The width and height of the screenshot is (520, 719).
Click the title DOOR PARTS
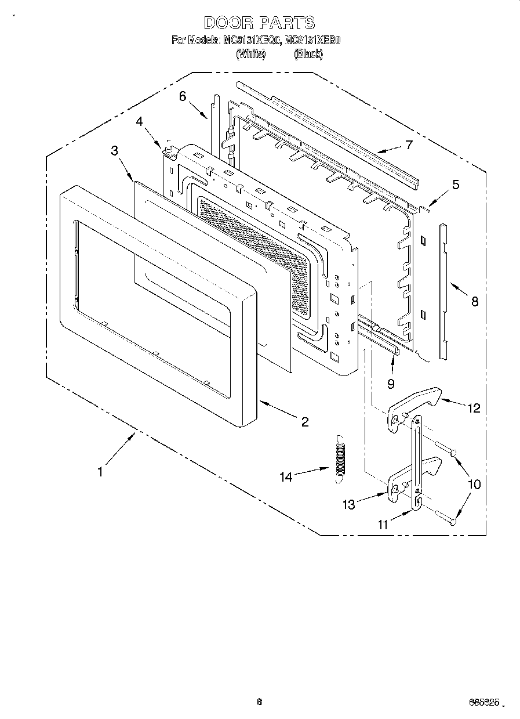(x=260, y=23)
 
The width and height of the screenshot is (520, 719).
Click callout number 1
(x=100, y=472)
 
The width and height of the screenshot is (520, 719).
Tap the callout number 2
(x=305, y=422)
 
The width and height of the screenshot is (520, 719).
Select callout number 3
(x=114, y=150)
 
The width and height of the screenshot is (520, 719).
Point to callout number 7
(x=409, y=144)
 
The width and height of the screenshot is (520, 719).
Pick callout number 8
(x=474, y=302)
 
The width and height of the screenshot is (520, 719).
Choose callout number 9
(x=390, y=383)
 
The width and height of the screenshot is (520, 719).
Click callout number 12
(x=474, y=407)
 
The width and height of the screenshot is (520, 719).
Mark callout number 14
(x=286, y=477)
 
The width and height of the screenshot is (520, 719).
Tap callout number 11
(x=383, y=525)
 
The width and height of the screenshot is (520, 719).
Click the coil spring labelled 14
(x=341, y=456)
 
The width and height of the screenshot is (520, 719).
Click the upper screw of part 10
(x=446, y=448)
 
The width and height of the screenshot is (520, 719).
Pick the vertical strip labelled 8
(x=443, y=290)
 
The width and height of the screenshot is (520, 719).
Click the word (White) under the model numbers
(x=251, y=54)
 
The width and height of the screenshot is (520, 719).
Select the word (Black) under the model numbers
(x=308, y=54)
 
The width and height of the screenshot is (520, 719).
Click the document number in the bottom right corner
(x=482, y=702)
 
